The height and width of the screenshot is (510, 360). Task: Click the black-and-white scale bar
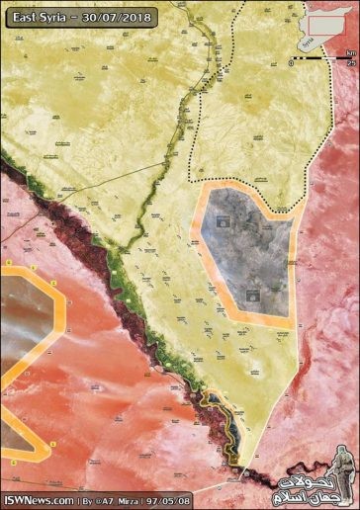tap(322, 59)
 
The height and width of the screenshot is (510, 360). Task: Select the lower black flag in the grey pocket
tap(253, 295)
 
